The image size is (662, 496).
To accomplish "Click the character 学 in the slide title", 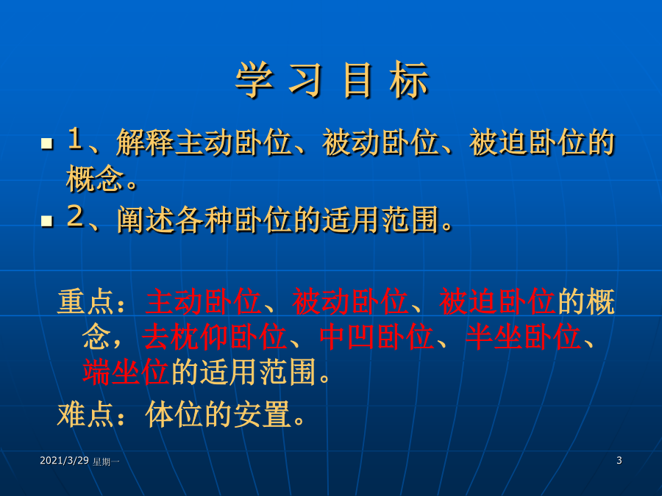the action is click(255, 79).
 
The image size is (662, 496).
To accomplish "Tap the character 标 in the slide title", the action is click(409, 79).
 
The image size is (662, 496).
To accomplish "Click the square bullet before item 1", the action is click(47, 143).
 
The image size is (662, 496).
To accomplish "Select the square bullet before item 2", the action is click(47, 220).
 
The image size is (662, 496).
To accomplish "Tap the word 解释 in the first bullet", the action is click(145, 142).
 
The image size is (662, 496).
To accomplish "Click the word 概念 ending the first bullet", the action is click(95, 179).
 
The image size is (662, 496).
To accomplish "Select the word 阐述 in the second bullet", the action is click(146, 220).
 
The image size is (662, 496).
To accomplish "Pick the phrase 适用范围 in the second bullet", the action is click(380, 220).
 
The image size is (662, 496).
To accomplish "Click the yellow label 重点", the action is click(86, 301).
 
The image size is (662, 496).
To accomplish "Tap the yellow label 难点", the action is click(86, 414).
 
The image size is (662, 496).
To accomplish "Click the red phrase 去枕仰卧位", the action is click(215, 337).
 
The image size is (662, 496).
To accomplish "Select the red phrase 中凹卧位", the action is click(377, 337).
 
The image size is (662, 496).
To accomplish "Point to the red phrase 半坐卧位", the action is click(523, 337).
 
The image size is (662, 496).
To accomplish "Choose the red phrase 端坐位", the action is click(126, 372).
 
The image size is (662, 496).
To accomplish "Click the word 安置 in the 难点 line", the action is click(262, 414).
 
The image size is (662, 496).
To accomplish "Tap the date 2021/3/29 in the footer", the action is click(64, 461).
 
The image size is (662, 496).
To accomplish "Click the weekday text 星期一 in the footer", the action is click(106, 462).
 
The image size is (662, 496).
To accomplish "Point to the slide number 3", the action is click(619, 460).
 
